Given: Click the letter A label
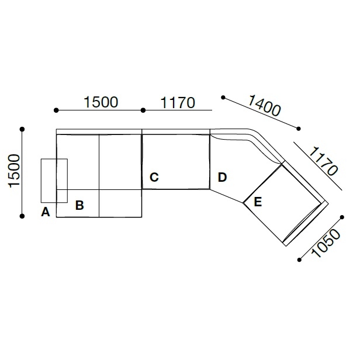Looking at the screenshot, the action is (x=46, y=212).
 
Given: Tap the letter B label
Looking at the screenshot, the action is (x=79, y=205).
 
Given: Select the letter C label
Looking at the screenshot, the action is (x=154, y=177).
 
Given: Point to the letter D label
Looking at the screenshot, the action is (x=222, y=177).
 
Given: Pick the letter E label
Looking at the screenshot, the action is (x=258, y=202).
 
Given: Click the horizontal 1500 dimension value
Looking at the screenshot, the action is (x=101, y=102).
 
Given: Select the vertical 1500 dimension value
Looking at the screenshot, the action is (x=14, y=171).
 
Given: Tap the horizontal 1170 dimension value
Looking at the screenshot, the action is (x=178, y=103).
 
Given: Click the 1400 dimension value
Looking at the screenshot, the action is (x=265, y=105).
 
